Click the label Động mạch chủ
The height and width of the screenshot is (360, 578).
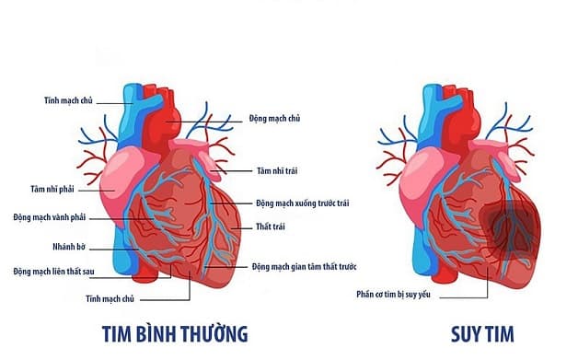coord(276,119)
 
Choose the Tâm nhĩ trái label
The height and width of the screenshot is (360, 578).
coord(278,170)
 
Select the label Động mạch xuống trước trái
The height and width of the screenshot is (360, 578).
coord(303,203)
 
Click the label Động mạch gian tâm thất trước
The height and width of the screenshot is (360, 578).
coord(304,267)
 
